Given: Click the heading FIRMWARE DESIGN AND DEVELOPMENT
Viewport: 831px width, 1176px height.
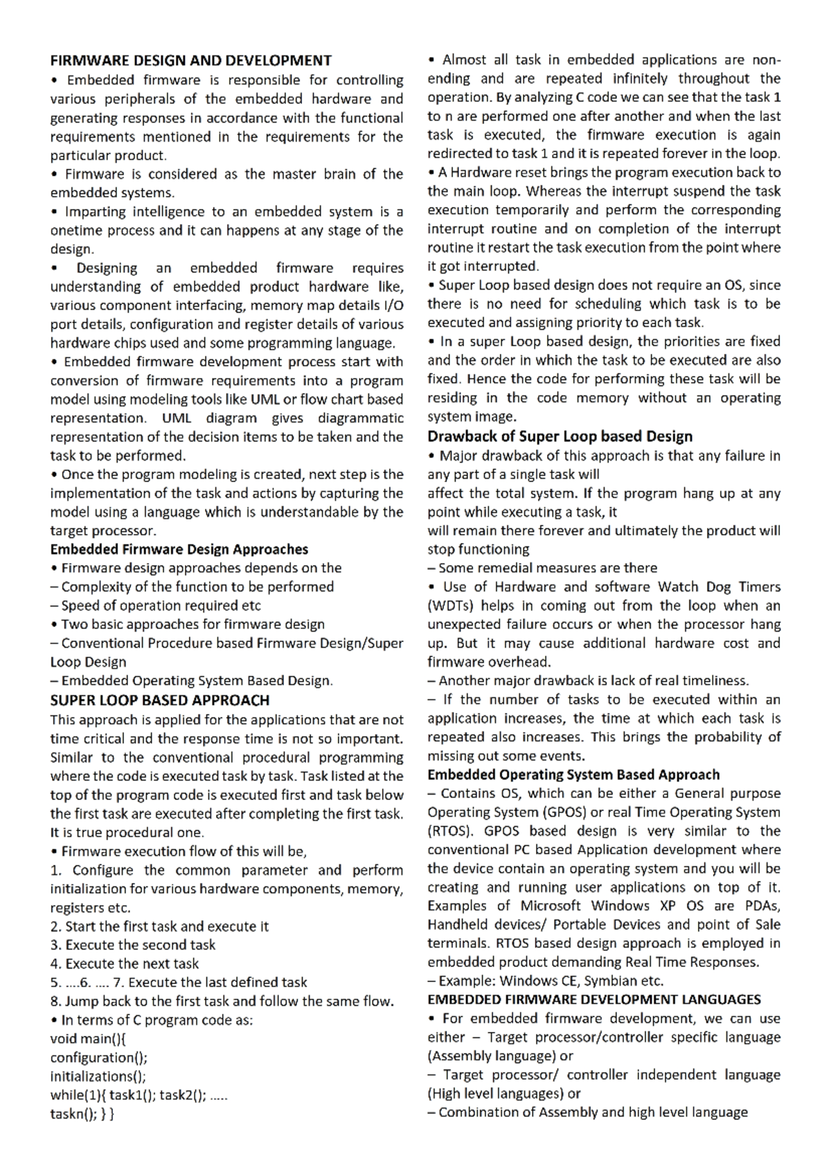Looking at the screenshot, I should (190, 61).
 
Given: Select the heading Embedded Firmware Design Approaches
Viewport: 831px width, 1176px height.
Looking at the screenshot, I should (179, 549).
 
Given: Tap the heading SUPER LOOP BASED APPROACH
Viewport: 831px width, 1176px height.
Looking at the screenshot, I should (159, 700).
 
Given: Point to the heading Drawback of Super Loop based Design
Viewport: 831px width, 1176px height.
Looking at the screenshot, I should (560, 436).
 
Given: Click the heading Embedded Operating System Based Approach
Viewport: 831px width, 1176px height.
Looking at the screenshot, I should (573, 775).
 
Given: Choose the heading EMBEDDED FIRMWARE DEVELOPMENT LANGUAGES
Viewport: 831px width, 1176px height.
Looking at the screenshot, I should (593, 1000).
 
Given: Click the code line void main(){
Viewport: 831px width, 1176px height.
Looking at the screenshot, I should (88, 1038).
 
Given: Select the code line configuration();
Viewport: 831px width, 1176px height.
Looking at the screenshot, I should (99, 1058).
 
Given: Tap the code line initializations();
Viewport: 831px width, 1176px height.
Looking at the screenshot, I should (98, 1076).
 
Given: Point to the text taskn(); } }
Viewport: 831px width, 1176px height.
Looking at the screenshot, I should (82, 1114).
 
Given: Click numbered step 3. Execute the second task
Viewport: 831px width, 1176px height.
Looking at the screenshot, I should (133, 945).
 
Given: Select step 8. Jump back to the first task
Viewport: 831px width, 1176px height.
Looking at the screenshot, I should (222, 1001).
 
